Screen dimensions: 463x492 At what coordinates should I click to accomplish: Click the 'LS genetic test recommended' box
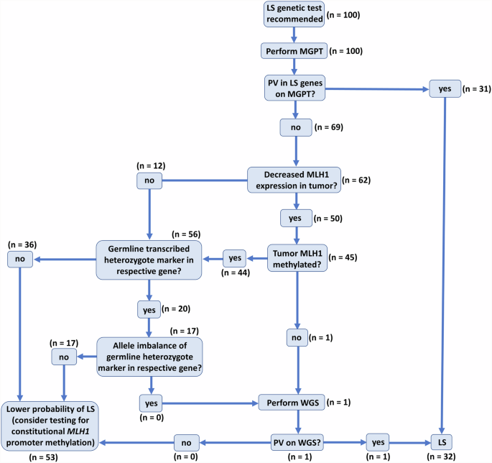(x=293, y=14)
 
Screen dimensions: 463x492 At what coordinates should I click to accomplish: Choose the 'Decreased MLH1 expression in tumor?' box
(x=294, y=180)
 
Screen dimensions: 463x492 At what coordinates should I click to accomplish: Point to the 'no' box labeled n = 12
(x=150, y=180)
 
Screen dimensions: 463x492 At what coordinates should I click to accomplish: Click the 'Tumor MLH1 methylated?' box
(x=297, y=257)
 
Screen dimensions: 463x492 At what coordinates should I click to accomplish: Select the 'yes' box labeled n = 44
(x=234, y=257)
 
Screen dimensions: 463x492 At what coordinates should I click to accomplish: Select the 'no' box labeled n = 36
(x=20, y=257)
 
